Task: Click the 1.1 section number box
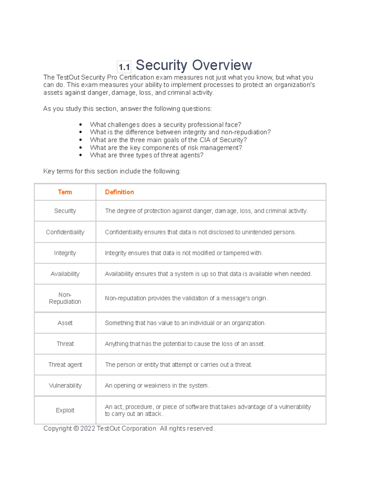click(124, 67)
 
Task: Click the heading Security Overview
click(194, 65)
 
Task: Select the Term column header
click(65, 192)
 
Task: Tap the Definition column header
click(119, 192)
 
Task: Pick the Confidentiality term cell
click(65, 232)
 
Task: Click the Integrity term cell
click(65, 253)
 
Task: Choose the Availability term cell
click(65, 274)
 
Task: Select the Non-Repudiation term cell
click(65, 298)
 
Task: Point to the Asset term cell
click(65, 323)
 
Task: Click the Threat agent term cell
click(65, 365)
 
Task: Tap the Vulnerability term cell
click(65, 386)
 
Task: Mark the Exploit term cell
click(65, 410)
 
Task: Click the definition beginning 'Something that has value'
click(185, 323)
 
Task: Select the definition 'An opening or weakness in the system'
click(157, 386)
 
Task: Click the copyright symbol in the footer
click(76, 428)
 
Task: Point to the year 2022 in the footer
click(88, 428)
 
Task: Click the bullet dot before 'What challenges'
click(81, 125)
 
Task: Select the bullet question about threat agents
click(147, 155)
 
